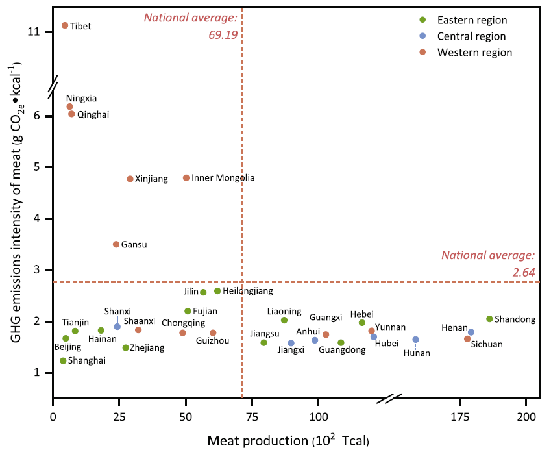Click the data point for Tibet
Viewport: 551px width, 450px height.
click(65, 25)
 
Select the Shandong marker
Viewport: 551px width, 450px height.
click(489, 319)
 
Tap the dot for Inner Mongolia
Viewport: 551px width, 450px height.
click(186, 178)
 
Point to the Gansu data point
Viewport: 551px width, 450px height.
click(116, 244)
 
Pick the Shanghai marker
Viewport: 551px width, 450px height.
click(63, 361)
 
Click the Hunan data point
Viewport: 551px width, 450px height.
click(415, 340)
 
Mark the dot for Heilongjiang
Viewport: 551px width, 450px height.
click(217, 291)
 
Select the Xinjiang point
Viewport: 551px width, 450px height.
click(130, 179)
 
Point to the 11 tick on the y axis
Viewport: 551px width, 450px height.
click(34, 32)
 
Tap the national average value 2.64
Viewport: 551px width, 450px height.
click(523, 272)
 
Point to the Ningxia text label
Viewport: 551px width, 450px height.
click(81, 99)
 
